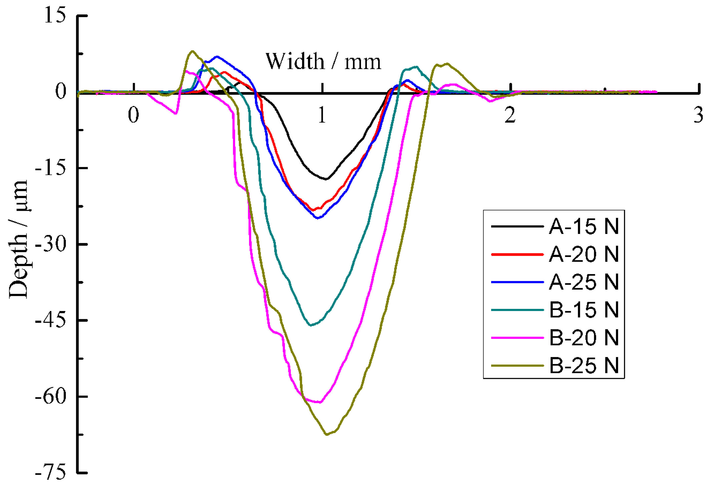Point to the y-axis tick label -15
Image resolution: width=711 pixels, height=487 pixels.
(x=51, y=168)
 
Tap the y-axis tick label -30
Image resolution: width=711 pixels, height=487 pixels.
(x=51, y=244)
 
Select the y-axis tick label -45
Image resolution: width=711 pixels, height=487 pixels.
(x=51, y=321)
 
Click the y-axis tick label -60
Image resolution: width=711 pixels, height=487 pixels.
(x=51, y=397)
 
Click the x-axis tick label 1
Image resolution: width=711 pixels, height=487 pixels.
(x=322, y=115)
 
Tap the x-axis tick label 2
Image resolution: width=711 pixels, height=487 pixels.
(x=510, y=115)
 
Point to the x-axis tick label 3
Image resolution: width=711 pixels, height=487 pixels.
(x=698, y=115)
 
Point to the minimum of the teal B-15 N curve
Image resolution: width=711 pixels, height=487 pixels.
(x=310, y=325)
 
